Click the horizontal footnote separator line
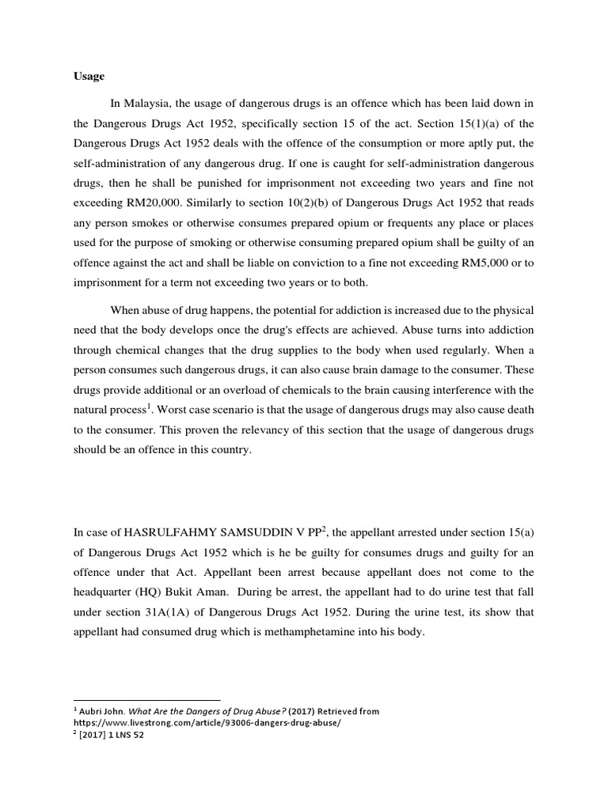tap(146, 700)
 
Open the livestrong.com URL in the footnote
tap(202, 723)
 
